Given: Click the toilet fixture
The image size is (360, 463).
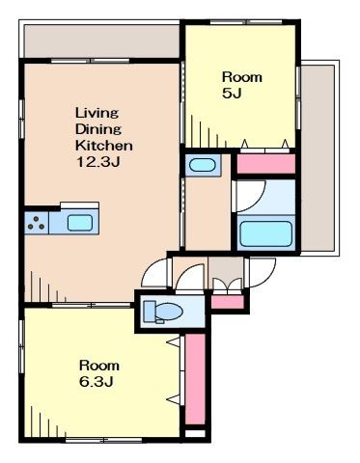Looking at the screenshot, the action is (x=162, y=312).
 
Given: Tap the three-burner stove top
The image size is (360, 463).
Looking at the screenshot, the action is (x=37, y=223).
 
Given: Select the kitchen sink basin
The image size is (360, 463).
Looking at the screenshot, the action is (x=80, y=223).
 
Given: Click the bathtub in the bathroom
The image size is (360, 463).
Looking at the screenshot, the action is (x=265, y=233).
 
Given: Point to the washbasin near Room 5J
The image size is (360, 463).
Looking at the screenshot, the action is (x=203, y=165).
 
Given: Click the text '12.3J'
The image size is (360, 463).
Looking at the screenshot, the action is (x=97, y=162).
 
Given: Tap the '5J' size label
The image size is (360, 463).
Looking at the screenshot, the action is (x=232, y=94).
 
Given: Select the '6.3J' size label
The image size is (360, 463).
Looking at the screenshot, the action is (x=96, y=382).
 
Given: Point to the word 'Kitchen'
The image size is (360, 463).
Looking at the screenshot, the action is (x=104, y=146).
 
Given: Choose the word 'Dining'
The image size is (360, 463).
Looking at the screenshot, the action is (x=98, y=129).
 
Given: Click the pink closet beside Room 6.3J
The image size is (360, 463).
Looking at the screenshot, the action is (x=195, y=379).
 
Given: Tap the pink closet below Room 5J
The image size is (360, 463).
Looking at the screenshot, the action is (x=266, y=164).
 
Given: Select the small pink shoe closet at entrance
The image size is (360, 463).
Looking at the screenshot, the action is (x=228, y=302).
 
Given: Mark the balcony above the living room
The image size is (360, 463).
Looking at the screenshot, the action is (x=101, y=41).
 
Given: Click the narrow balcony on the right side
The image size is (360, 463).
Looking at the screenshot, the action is (x=318, y=158).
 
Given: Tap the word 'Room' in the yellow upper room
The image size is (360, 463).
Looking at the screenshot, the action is (x=242, y=77).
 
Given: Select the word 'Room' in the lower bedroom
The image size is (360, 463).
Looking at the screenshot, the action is (x=99, y=366).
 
